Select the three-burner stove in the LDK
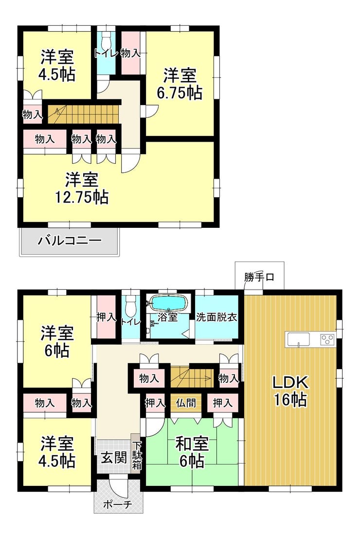tap(327, 340)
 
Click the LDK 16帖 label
tap(290, 391)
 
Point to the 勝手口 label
tap(259, 277)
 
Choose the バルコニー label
tap(70, 240)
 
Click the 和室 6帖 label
tap(192, 452)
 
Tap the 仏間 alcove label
tap(186, 403)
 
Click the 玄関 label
tap(114, 457)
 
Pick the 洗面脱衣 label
tap(216, 316)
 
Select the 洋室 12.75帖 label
tap(82, 188)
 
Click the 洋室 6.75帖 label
tap(180, 84)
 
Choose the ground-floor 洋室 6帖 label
tap(57, 341)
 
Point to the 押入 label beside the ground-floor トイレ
tap(106, 317)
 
